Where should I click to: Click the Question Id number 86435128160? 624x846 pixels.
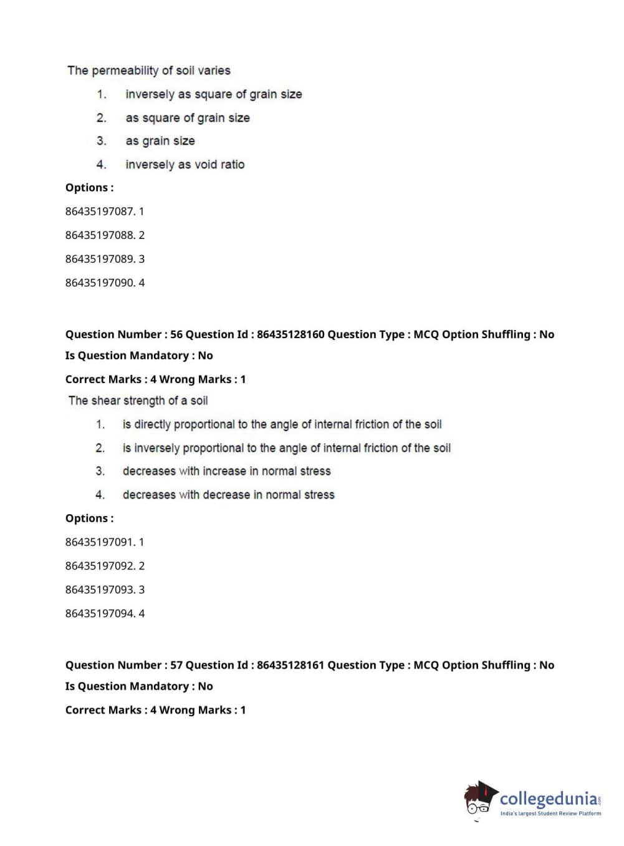[290, 334]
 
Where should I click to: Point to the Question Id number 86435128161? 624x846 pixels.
[290, 665]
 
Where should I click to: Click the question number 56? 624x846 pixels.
[176, 334]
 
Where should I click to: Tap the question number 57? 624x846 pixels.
[176, 665]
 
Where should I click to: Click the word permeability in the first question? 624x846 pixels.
[125, 70]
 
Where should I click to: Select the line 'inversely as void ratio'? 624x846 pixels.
[185, 165]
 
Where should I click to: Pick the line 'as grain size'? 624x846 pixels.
[160, 141]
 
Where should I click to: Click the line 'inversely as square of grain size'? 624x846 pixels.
[213, 94]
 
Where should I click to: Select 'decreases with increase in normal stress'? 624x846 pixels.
[226, 471]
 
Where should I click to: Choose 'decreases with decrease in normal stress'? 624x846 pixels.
[228, 495]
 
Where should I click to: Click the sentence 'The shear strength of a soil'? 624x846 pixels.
[138, 401]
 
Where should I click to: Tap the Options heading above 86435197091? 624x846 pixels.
[89, 518]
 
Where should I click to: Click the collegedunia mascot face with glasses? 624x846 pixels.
[478, 802]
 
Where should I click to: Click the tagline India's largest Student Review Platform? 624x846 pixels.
[550, 814]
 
